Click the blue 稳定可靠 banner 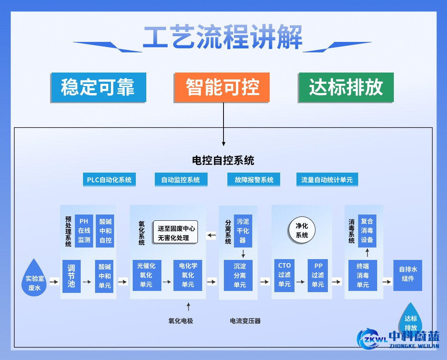click(x=98, y=87)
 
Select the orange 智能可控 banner click(x=222, y=87)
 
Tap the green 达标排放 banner click(x=346, y=87)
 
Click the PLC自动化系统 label click(x=109, y=180)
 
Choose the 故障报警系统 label click(x=254, y=180)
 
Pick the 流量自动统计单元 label click(x=327, y=180)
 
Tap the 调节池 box click(x=71, y=276)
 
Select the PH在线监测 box click(x=84, y=230)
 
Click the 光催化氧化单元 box click(x=146, y=275)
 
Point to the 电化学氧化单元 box click(x=188, y=275)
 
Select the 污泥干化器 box click(x=243, y=230)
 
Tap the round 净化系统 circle click(x=302, y=230)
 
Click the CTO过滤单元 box click(x=284, y=275)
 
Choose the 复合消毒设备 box click(x=367, y=230)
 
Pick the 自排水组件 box click(x=407, y=275)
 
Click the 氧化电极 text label click(x=180, y=321)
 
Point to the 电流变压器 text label click(x=245, y=321)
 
